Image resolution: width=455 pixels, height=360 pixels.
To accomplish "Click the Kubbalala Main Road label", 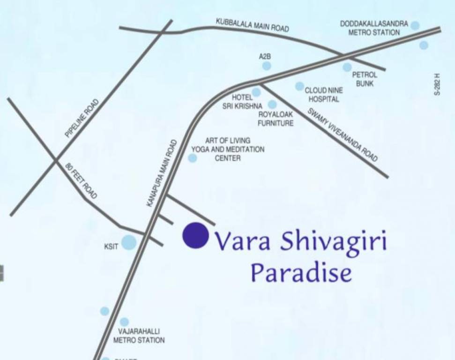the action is pyautogui.click(x=252, y=25).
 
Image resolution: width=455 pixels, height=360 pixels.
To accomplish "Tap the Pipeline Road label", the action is pyautogui.click(x=82, y=118).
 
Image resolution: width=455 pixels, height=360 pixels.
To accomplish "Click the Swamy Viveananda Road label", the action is pyautogui.click(x=342, y=135).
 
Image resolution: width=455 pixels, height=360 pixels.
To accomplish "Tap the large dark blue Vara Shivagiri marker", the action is pyautogui.click(x=195, y=235).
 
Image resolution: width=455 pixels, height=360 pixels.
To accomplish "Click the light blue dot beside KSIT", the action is pyautogui.click(x=129, y=242).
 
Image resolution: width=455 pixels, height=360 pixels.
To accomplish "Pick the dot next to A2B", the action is pyautogui.click(x=267, y=66).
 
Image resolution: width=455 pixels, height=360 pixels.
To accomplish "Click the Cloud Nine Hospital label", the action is pyautogui.click(x=324, y=95).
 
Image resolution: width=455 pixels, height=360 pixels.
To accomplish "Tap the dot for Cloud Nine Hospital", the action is pyautogui.click(x=299, y=86).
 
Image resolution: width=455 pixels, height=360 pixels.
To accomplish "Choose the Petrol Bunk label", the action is pyautogui.click(x=365, y=79).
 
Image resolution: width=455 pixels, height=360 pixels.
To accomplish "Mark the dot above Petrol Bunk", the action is pyautogui.click(x=347, y=67).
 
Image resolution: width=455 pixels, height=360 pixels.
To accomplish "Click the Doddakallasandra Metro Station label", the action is pyautogui.click(x=374, y=28).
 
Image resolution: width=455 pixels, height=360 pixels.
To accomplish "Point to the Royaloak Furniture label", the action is pyautogui.click(x=276, y=119).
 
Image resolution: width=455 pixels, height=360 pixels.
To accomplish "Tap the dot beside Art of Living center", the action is pyautogui.click(x=192, y=158).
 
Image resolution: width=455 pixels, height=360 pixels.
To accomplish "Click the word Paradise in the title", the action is pyautogui.click(x=301, y=272).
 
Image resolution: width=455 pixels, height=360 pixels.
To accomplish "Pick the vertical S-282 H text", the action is pyautogui.click(x=437, y=84).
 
